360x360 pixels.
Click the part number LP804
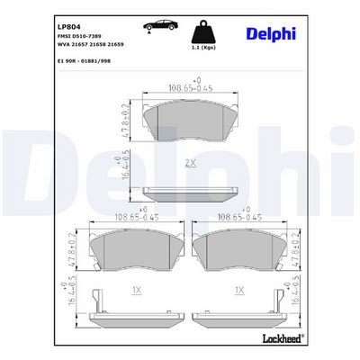tap(68, 27)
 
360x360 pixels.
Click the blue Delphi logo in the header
tap(271, 34)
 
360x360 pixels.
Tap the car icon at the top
tap(160, 26)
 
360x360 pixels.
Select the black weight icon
tap(203, 31)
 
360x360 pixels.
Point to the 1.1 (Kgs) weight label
tap(203, 48)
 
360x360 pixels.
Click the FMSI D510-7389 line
tap(79, 36)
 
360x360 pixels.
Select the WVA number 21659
tap(115, 44)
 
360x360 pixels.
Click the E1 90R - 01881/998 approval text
tap(84, 61)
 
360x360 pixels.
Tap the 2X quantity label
tap(190, 163)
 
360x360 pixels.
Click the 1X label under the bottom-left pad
tap(137, 290)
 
